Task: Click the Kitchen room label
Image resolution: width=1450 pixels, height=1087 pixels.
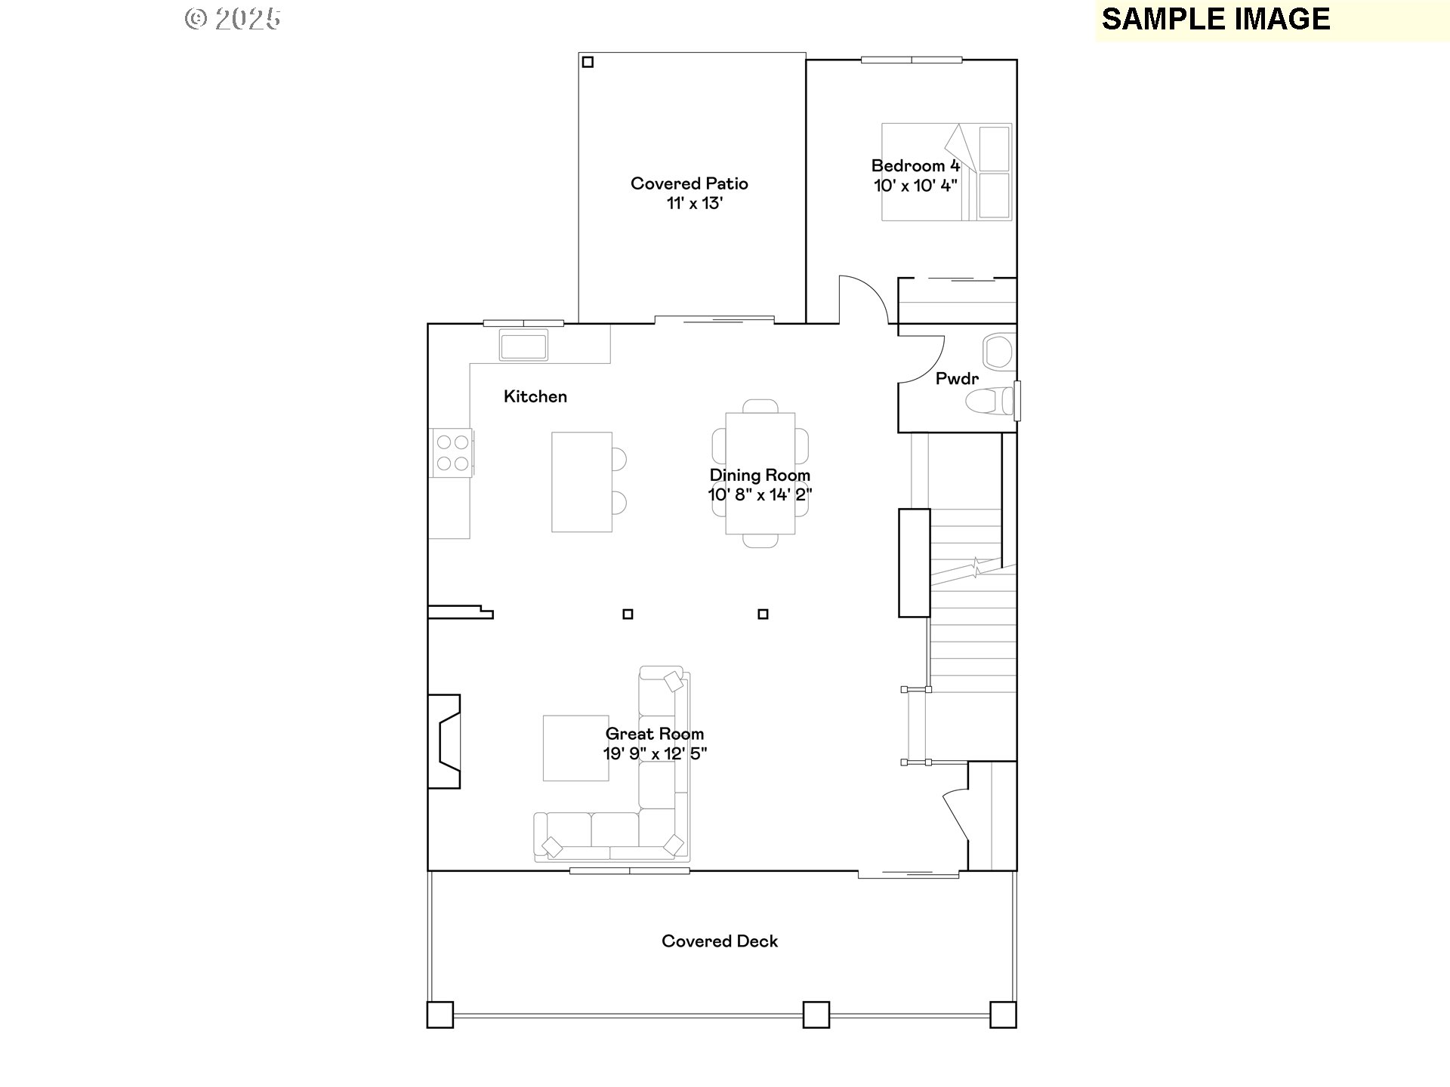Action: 535,396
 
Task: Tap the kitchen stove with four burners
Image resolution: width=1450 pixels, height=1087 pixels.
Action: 452,452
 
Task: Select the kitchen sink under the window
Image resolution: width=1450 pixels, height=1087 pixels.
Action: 523,346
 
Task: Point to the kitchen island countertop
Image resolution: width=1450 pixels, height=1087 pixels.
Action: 581,482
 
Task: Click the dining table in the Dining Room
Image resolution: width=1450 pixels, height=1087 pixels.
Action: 760,473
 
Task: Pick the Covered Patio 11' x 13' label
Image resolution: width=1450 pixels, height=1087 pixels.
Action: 690,193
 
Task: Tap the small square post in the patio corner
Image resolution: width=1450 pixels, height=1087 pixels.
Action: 588,62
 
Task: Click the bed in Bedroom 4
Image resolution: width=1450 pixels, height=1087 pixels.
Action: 946,172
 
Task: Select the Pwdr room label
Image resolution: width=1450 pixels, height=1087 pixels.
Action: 956,379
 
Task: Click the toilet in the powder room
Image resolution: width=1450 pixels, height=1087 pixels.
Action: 992,402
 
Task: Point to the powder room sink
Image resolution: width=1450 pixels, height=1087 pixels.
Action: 998,352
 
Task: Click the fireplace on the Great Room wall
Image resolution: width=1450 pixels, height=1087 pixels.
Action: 445,741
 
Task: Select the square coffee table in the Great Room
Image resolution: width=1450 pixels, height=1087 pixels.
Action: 575,747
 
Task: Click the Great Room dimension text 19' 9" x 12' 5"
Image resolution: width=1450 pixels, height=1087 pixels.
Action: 654,753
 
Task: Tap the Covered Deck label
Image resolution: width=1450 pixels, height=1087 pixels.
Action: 719,941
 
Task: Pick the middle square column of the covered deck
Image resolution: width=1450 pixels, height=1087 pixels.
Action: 816,1014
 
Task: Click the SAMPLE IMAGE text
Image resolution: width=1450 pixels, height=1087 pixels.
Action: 1215,20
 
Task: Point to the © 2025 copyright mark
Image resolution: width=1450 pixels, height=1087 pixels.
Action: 233,19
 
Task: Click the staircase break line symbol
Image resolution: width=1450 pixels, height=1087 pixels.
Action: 976,566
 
